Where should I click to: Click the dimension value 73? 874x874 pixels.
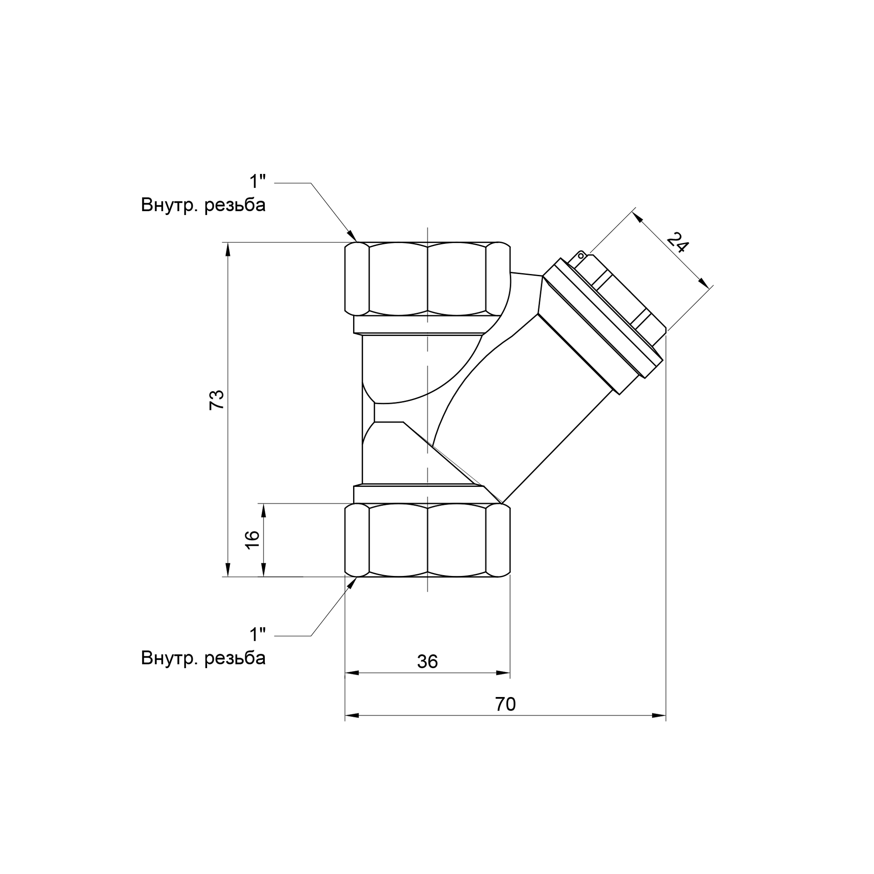pyautogui.click(x=217, y=400)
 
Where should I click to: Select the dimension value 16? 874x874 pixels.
pyautogui.click(x=253, y=540)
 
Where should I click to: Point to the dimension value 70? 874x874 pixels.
pyautogui.click(x=505, y=704)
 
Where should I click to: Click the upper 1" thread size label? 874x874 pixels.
pyautogui.click(x=258, y=182)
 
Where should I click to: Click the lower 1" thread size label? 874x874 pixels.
pyautogui.click(x=258, y=635)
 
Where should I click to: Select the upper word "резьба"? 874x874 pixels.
pyautogui.click(x=235, y=205)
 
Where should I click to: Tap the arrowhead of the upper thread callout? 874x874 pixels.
pyautogui.click(x=352, y=236)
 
